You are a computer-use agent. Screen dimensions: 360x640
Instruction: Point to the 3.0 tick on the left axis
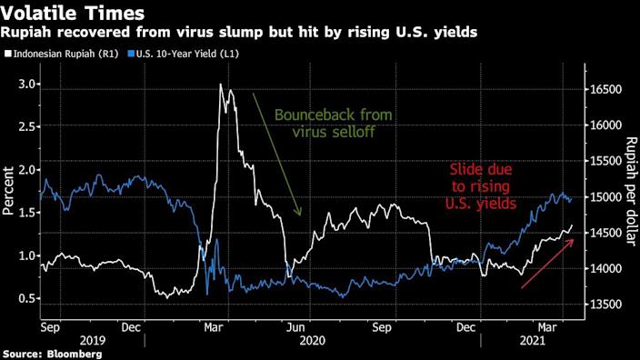coord(27,85)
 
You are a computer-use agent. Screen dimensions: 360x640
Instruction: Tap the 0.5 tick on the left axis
coord(27,299)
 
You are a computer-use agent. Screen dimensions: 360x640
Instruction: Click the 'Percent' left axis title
coord(8,194)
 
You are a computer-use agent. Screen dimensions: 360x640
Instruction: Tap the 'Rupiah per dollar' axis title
coord(630,186)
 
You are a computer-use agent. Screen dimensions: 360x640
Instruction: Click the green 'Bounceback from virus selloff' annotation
coord(327,123)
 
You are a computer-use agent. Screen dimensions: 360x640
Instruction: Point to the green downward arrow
coord(277,155)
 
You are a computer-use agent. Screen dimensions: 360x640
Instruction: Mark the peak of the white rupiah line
coord(220,85)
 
